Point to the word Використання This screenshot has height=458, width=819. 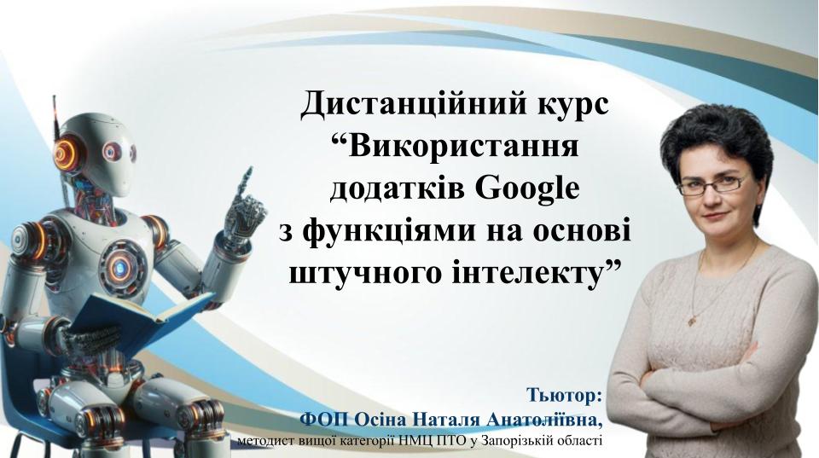click(x=454, y=146)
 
